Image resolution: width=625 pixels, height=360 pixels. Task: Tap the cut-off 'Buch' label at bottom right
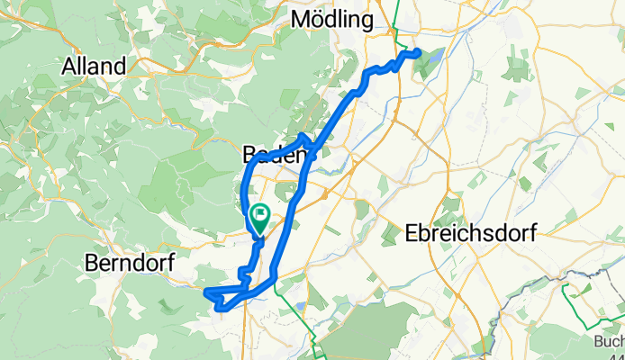tap(609, 341)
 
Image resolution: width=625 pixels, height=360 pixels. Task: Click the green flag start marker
tap(260, 217)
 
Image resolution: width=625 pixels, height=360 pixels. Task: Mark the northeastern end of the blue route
tap(419, 53)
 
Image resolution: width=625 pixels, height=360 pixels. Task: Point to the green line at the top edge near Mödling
tap(396, 13)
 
